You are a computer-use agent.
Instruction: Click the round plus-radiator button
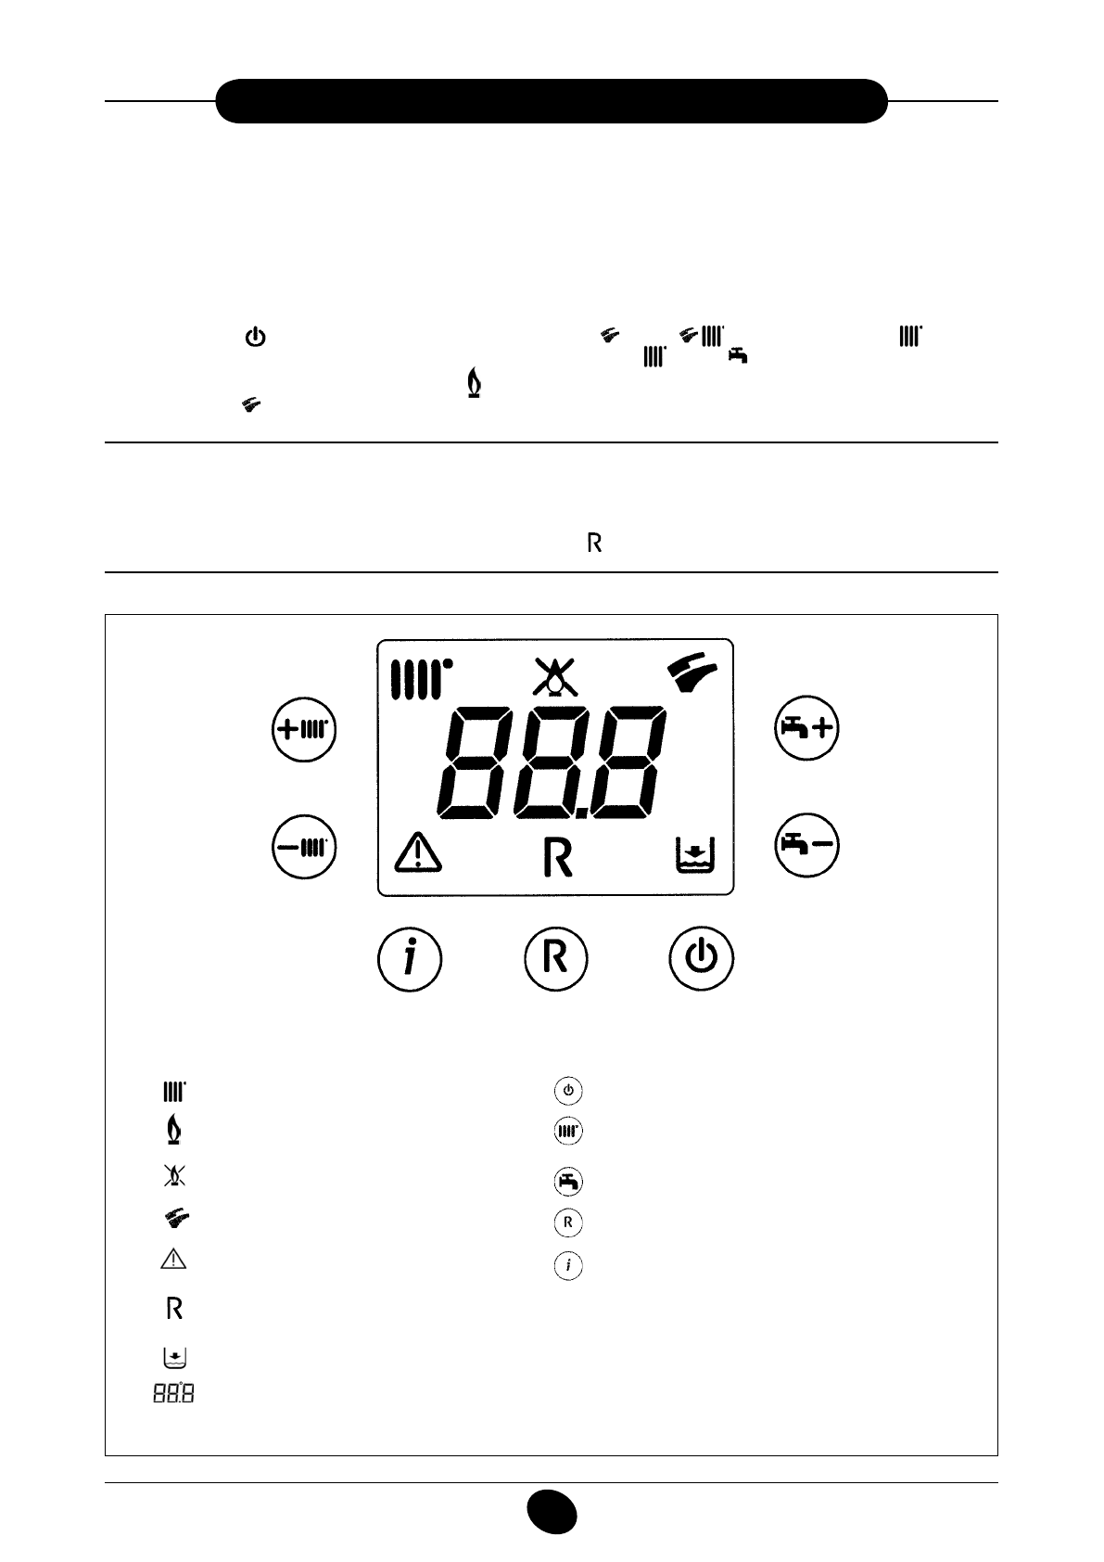pyautogui.click(x=304, y=729)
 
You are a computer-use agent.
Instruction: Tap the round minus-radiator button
pyautogui.click(x=304, y=846)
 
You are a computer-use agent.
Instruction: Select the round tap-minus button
pyautogui.click(x=806, y=845)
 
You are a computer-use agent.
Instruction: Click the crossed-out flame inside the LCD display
pyautogui.click(x=554, y=677)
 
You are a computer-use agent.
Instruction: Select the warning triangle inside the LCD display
pyautogui.click(x=418, y=851)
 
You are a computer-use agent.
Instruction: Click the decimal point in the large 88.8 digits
pyautogui.click(x=581, y=813)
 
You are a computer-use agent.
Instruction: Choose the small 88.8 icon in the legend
pyautogui.click(x=173, y=1393)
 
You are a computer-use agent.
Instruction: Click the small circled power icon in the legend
pyautogui.click(x=568, y=1090)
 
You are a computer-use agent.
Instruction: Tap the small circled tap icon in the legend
pyautogui.click(x=568, y=1181)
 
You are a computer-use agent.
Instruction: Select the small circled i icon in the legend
pyautogui.click(x=568, y=1265)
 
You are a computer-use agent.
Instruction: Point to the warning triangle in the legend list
pyautogui.click(x=173, y=1259)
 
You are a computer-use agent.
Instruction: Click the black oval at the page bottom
pyautogui.click(x=552, y=1513)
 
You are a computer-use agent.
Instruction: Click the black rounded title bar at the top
pyautogui.click(x=552, y=101)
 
